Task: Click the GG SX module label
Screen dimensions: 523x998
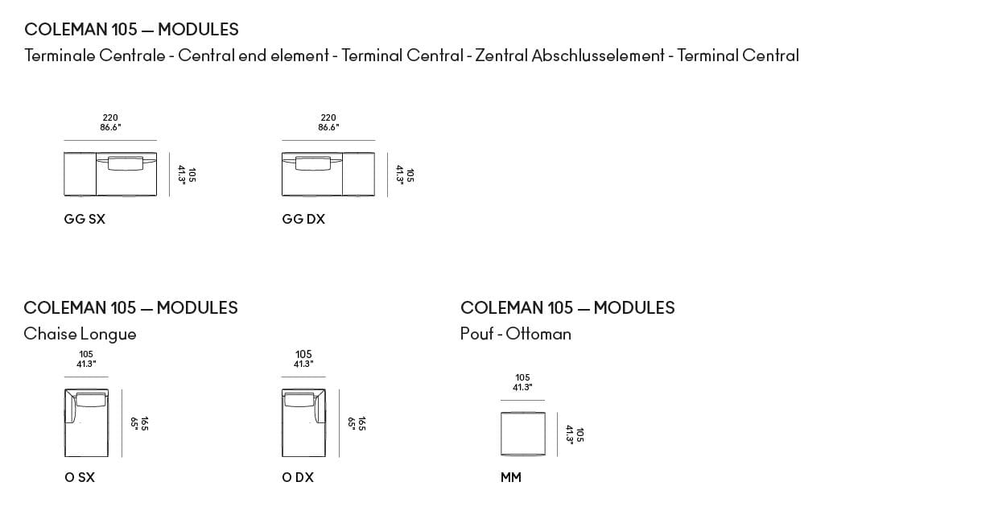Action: point(85,219)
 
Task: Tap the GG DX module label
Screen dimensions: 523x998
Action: point(303,219)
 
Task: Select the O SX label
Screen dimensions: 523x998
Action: point(80,477)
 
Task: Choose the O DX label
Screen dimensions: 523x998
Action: point(298,477)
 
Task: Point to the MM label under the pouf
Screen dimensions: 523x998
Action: point(511,477)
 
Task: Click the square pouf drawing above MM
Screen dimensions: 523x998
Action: point(522,434)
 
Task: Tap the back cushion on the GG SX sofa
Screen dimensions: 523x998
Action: point(125,163)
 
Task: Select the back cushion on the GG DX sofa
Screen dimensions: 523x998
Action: point(312,163)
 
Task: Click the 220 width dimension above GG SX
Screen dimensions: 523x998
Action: point(110,118)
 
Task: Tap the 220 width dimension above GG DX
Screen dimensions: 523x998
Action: point(328,118)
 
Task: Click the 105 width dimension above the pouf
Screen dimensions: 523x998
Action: point(522,378)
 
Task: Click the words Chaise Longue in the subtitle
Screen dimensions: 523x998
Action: point(80,334)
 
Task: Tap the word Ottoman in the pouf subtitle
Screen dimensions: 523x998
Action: point(538,334)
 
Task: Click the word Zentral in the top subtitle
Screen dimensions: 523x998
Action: point(501,56)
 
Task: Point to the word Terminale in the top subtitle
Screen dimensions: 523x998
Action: point(60,56)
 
